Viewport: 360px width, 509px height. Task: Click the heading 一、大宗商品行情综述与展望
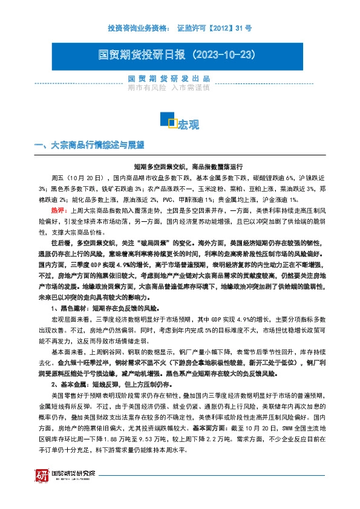click(x=90, y=145)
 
